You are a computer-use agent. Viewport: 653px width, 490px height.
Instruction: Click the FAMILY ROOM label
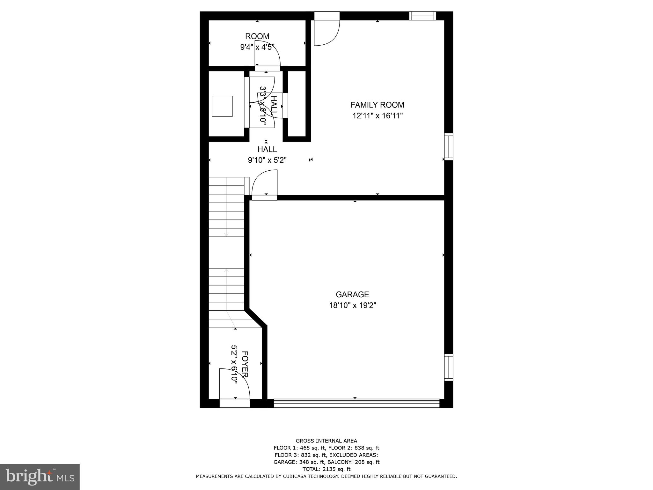377,105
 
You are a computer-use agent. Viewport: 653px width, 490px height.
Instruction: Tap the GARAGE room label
352,294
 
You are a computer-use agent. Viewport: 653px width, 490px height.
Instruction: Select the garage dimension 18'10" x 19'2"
352,306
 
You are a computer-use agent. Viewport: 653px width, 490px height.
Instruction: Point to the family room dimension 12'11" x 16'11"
378,116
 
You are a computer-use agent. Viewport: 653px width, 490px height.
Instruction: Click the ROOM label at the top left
257,36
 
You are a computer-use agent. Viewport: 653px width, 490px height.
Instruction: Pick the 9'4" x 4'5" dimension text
257,48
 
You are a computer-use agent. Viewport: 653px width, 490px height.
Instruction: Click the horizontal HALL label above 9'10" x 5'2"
267,149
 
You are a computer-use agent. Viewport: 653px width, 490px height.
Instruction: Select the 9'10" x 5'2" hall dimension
267,160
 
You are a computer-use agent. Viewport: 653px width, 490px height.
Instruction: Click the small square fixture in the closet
222,106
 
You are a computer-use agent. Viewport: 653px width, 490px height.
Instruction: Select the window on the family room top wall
422,16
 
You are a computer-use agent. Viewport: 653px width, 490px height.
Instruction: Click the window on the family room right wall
449,147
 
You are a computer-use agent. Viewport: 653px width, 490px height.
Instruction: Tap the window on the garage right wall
449,367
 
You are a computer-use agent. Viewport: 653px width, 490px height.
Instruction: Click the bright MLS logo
40,477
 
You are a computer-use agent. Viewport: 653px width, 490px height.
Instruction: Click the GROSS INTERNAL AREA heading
326,441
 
